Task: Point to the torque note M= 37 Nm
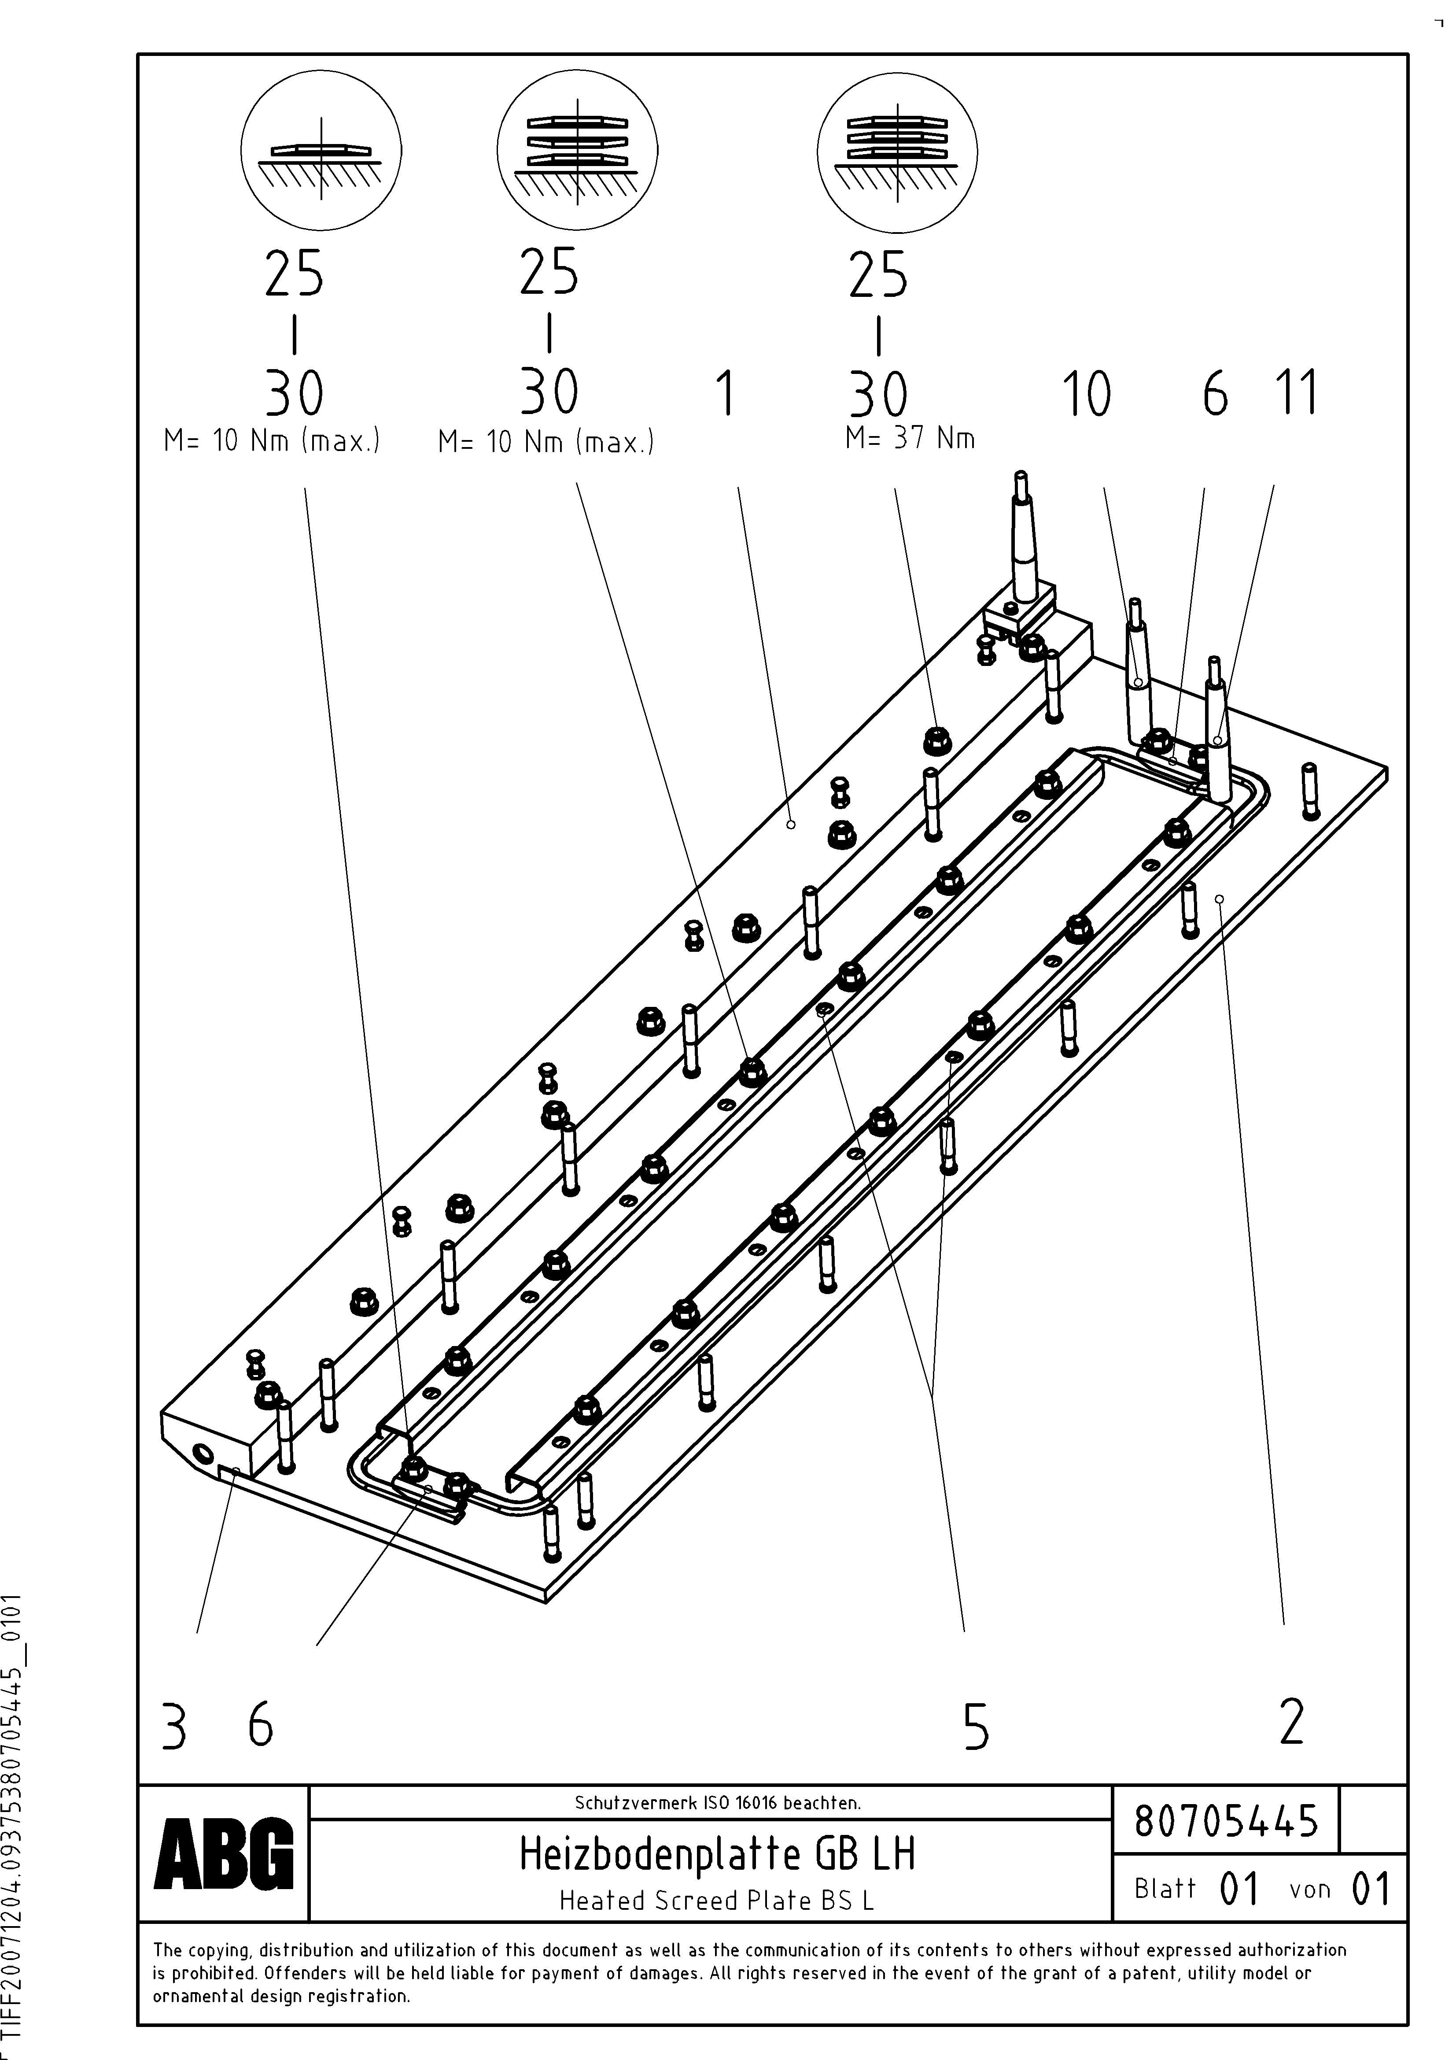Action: point(910,439)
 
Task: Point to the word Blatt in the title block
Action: point(1165,1890)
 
